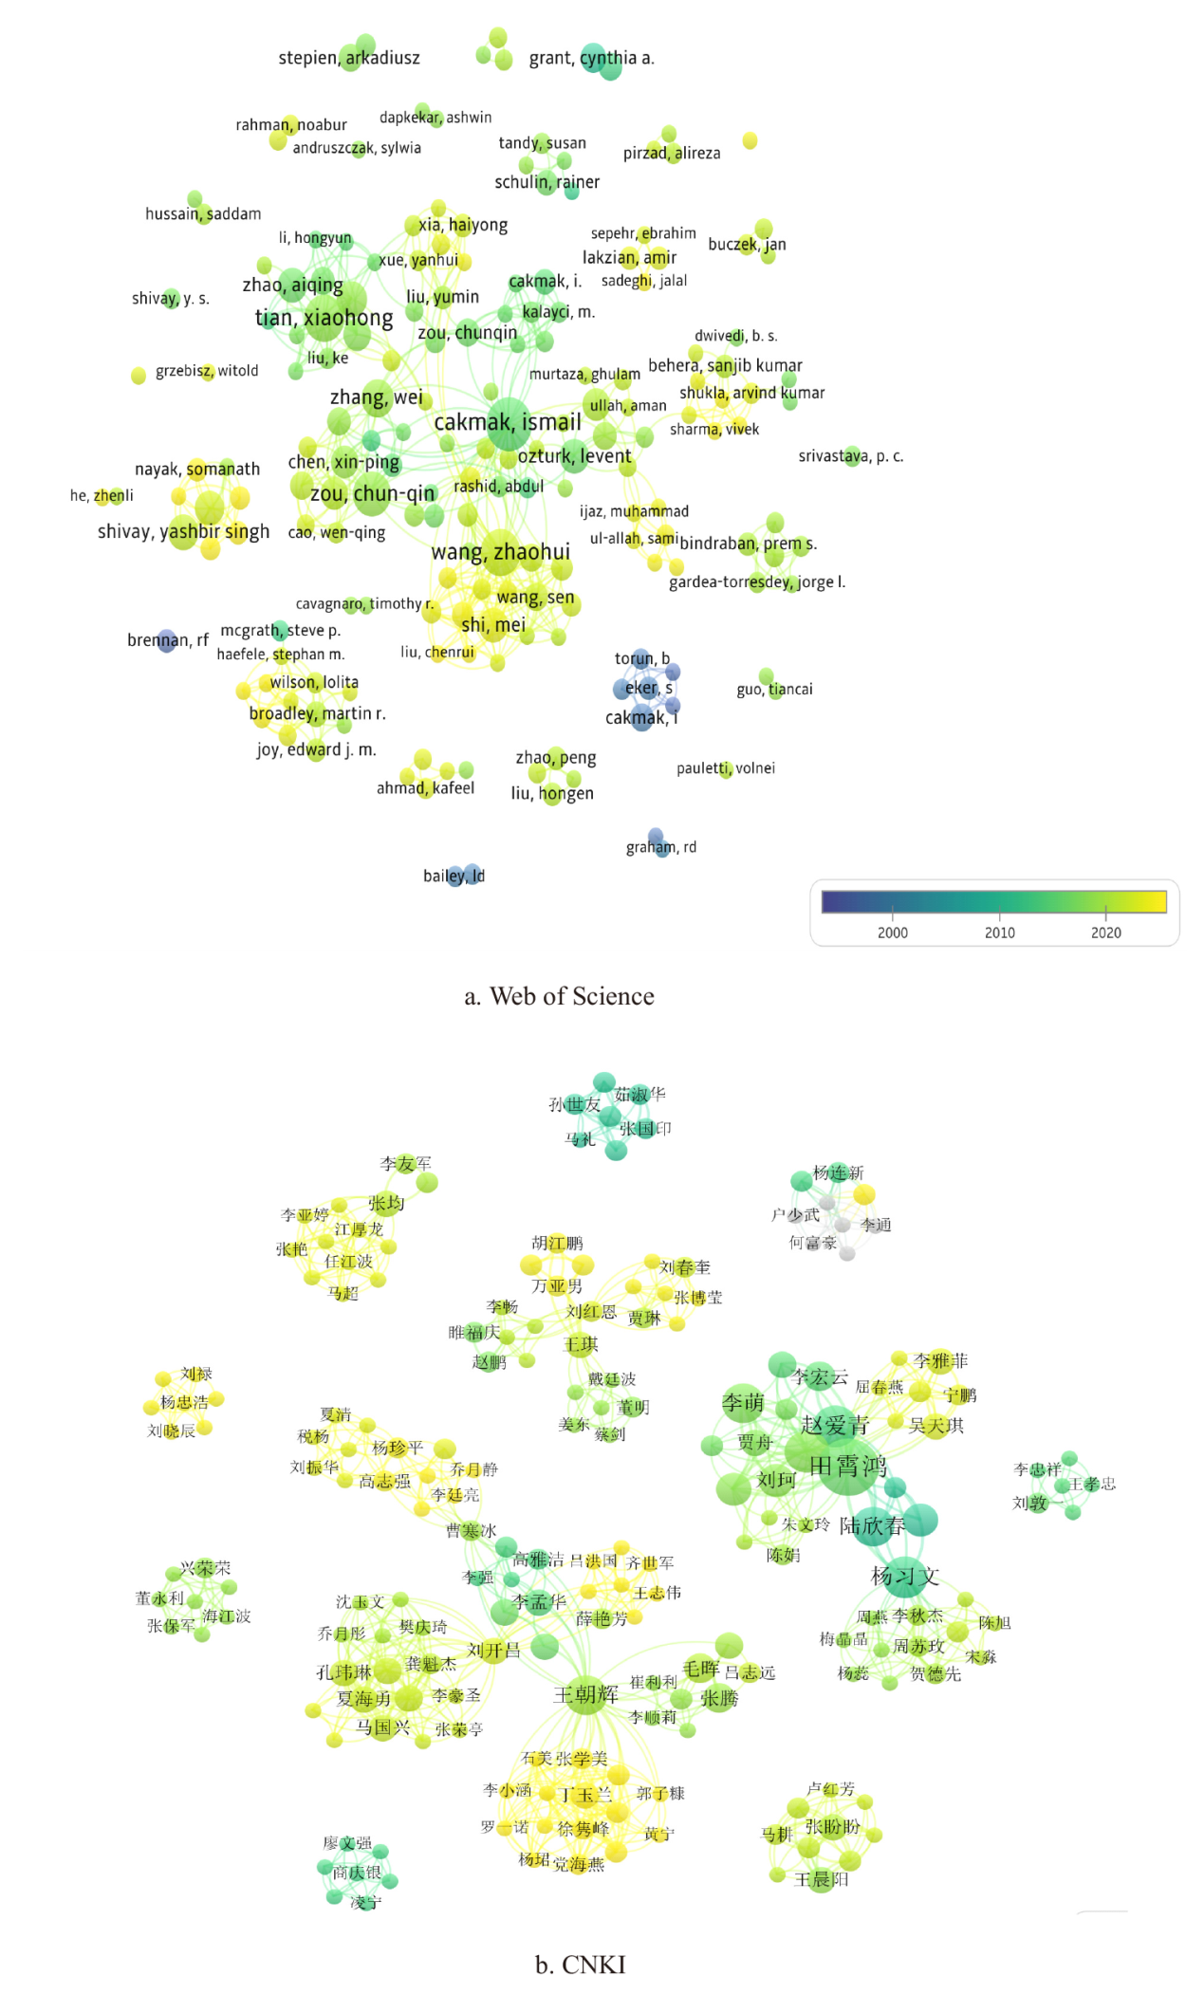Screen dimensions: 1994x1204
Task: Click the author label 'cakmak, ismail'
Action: tap(508, 422)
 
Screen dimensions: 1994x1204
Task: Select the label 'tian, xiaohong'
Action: tap(324, 318)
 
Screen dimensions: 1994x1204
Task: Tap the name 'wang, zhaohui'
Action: tap(501, 552)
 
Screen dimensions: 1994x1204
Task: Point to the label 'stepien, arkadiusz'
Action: tap(348, 58)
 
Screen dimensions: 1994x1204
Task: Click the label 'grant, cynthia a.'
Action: tap(591, 58)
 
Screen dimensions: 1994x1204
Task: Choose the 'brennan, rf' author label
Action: tap(168, 640)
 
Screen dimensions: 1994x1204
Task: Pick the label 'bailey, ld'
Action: tap(454, 876)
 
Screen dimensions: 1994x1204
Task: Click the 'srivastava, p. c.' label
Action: tap(850, 456)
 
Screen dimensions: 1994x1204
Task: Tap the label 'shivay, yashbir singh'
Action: tap(183, 531)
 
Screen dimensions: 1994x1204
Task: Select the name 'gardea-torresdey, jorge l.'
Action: tap(756, 582)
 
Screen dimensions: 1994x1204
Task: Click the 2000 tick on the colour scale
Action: tap(892, 932)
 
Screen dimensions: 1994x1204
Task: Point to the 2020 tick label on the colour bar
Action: tap(1105, 932)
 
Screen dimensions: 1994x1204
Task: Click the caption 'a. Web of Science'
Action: tap(559, 996)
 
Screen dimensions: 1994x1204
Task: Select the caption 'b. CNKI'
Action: tap(580, 1965)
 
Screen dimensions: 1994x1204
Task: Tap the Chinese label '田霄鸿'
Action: tap(847, 1467)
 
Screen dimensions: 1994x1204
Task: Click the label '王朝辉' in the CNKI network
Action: tap(585, 1694)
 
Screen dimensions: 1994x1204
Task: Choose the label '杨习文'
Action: tap(904, 1577)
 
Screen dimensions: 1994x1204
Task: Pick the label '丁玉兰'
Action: tap(584, 1795)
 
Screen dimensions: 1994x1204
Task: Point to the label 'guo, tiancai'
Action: tap(774, 690)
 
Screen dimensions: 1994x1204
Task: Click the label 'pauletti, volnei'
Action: tap(725, 768)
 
